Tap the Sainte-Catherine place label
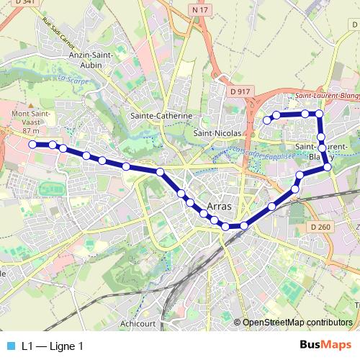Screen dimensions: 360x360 click(x=161, y=115)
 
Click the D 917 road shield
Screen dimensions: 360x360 click(x=240, y=91)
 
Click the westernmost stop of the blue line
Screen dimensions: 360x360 click(x=32, y=144)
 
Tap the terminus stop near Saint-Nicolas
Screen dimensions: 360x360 click(x=266, y=120)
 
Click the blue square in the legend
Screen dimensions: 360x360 click(x=10, y=346)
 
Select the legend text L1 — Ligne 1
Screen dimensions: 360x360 click(x=53, y=346)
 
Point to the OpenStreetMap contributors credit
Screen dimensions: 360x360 click(x=297, y=323)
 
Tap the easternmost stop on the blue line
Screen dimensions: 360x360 click(x=328, y=167)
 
